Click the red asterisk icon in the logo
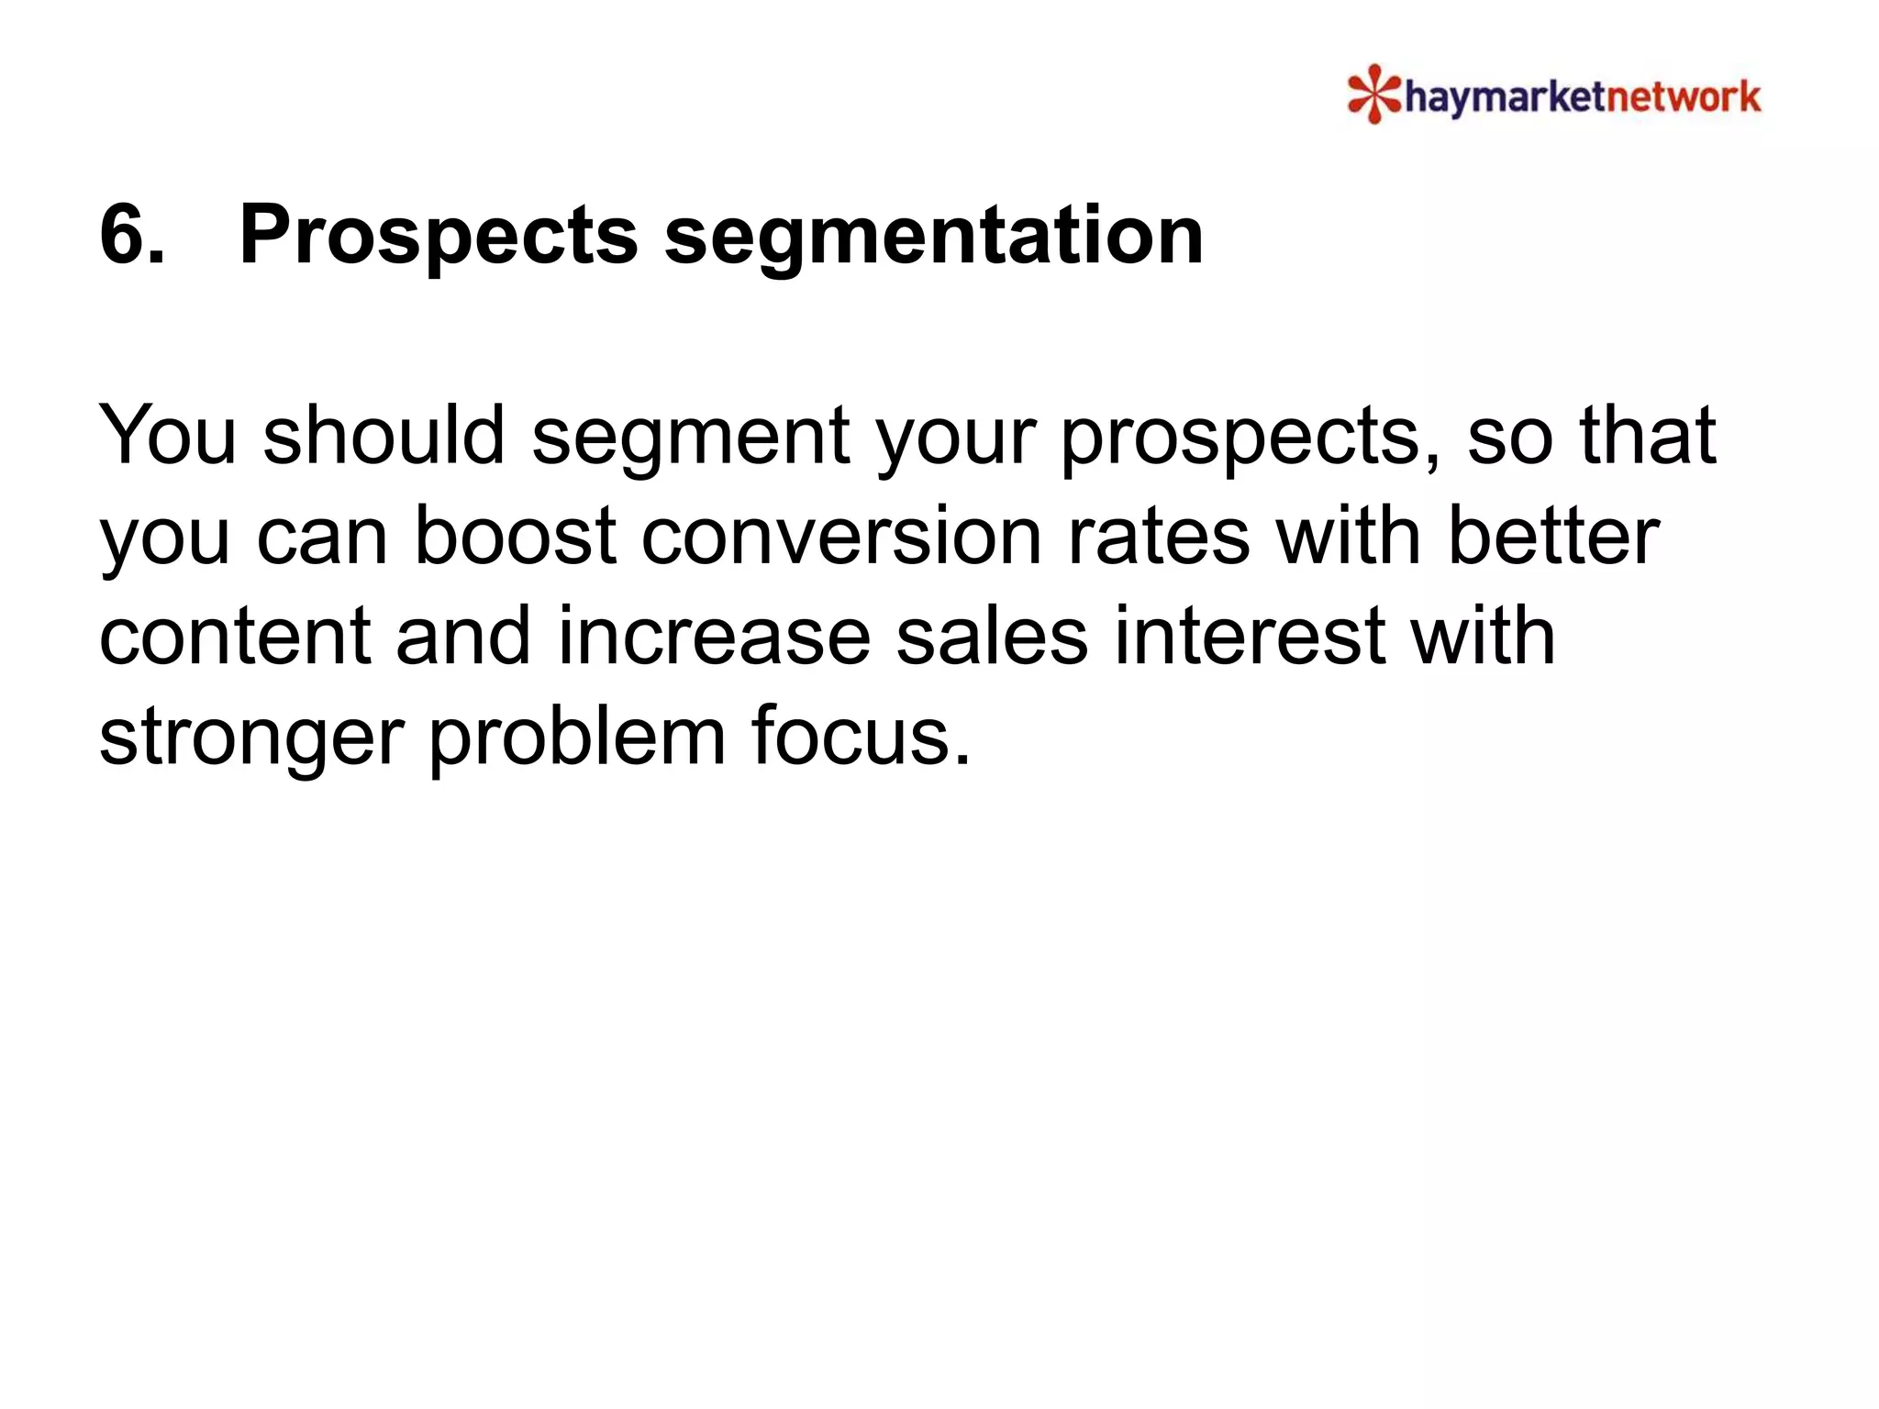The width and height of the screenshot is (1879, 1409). point(1373,94)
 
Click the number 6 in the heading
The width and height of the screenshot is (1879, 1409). point(131,235)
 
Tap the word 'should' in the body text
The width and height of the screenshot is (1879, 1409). point(384,435)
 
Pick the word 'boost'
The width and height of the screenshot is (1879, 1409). point(515,536)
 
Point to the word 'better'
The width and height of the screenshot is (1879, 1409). point(1553,536)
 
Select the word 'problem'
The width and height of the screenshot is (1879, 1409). point(577,739)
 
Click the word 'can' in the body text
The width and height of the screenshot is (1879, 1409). point(322,538)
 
